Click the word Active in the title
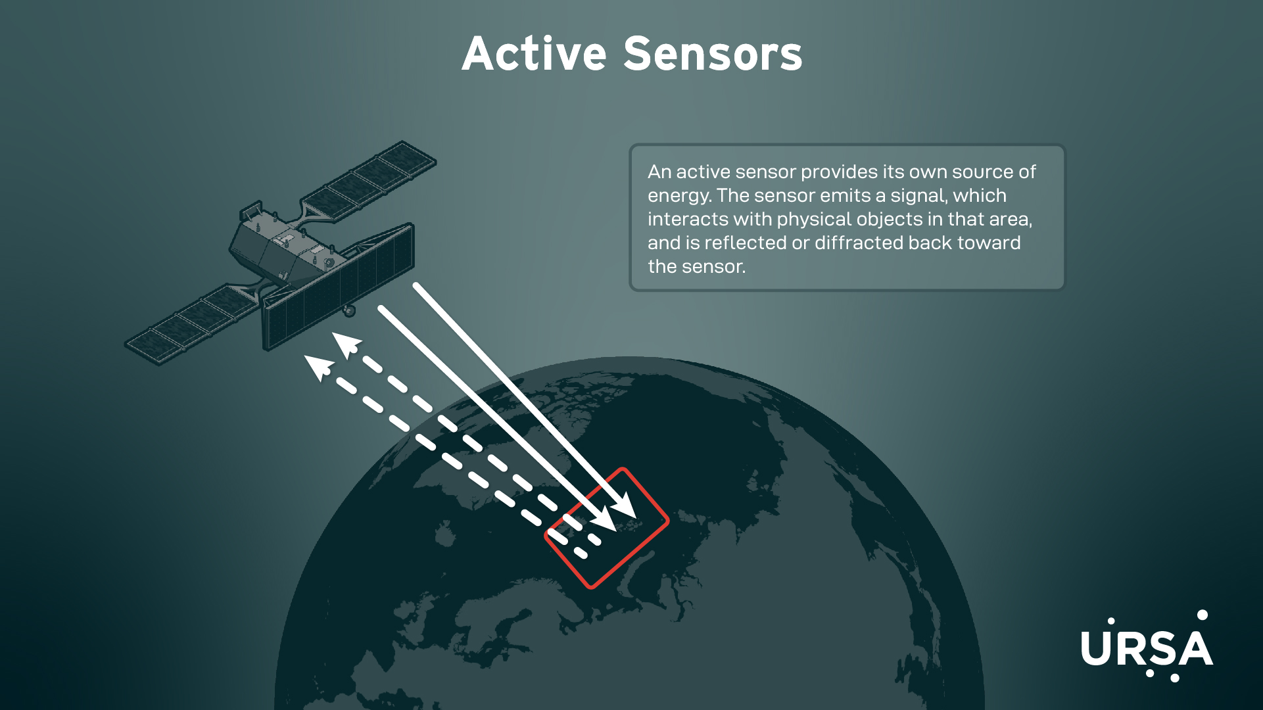point(534,54)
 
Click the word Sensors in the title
point(713,54)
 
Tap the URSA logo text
point(1147,648)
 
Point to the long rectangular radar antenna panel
point(339,285)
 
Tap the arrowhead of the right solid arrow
point(624,506)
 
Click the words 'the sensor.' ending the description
point(696,266)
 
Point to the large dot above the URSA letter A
point(1203,615)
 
